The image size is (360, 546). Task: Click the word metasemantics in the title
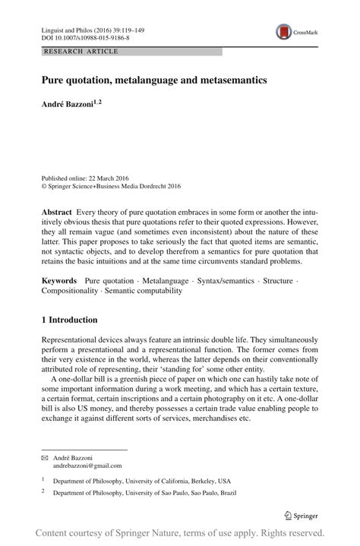(232, 79)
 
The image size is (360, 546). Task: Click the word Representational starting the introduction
(77, 339)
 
